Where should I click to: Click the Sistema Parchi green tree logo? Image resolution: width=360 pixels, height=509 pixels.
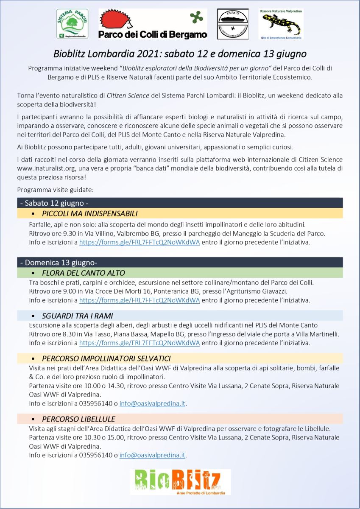pos(73,24)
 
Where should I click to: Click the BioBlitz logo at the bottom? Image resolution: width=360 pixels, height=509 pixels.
pos(180,481)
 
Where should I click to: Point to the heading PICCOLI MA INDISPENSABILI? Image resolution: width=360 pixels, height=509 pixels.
pos(89,213)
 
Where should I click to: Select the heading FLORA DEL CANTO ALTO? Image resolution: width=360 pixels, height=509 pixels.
pos(84,273)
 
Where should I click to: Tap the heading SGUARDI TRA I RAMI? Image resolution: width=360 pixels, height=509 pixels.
pos(77,316)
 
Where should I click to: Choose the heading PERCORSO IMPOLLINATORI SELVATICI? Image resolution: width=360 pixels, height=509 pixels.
pos(106,358)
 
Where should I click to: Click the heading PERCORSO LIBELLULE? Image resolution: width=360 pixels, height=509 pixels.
pos(78,419)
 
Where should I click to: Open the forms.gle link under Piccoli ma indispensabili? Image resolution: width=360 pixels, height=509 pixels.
pos(140,243)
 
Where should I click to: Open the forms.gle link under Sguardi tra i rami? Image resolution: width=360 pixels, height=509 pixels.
pos(140,343)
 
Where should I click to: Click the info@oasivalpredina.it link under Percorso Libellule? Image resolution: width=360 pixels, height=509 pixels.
pos(153,455)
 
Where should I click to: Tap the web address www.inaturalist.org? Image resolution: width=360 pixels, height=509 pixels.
pos(46,168)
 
